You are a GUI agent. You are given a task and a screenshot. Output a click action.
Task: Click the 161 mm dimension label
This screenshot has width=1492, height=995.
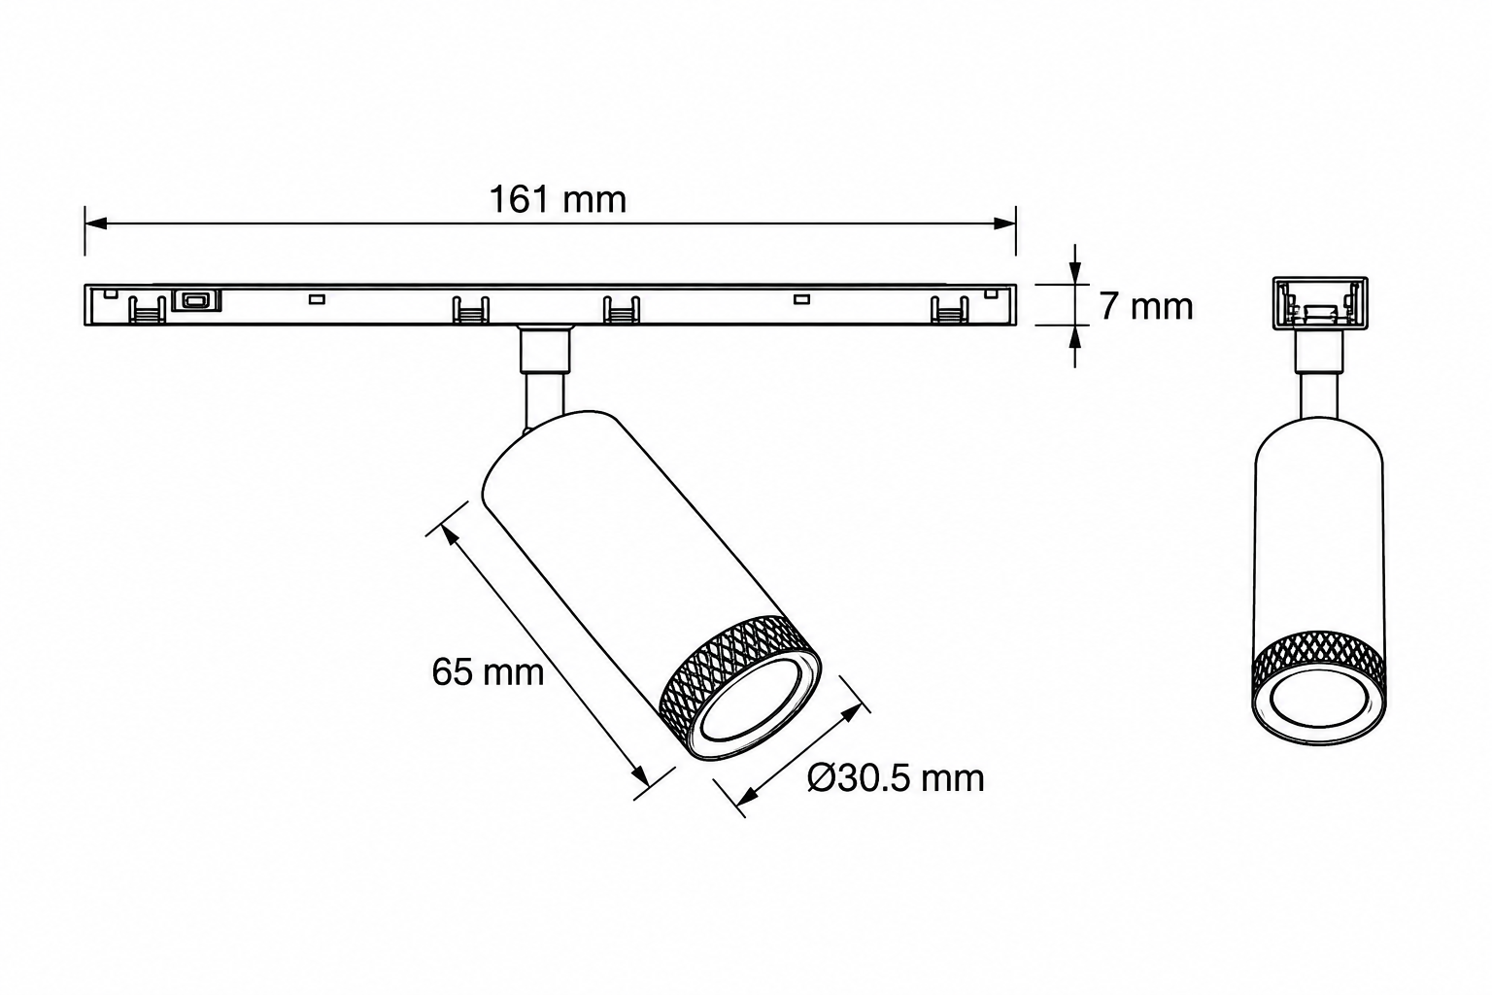pyautogui.click(x=559, y=200)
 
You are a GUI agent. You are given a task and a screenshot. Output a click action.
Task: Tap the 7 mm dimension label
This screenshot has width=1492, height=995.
pyautogui.click(x=1145, y=306)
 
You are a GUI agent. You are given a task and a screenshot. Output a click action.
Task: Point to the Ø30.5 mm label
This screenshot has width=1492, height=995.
pyautogui.click(x=896, y=777)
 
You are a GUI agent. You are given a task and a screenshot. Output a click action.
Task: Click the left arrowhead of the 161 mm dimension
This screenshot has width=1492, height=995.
pyautogui.click(x=96, y=223)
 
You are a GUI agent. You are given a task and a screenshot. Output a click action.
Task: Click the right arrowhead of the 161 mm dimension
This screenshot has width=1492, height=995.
pyautogui.click(x=1004, y=223)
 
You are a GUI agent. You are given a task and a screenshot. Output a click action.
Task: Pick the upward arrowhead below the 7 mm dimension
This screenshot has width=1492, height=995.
pyautogui.click(x=1075, y=337)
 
